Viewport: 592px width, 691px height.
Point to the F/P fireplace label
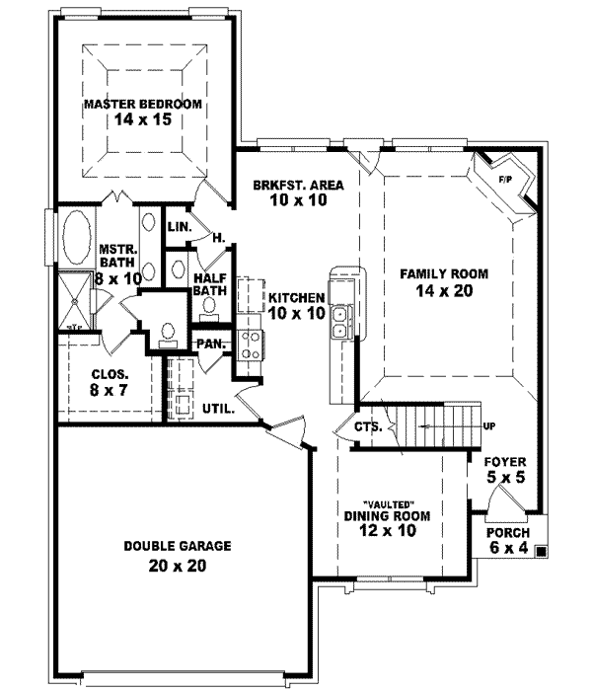(x=504, y=180)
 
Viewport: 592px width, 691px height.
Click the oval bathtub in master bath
(x=75, y=237)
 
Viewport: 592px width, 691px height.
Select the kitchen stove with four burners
(x=248, y=345)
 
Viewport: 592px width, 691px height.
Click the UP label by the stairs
(x=488, y=426)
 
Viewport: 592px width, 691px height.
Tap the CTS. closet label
(x=368, y=427)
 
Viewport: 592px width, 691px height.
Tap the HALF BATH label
(x=211, y=285)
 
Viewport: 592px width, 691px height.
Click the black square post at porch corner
(x=540, y=553)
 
